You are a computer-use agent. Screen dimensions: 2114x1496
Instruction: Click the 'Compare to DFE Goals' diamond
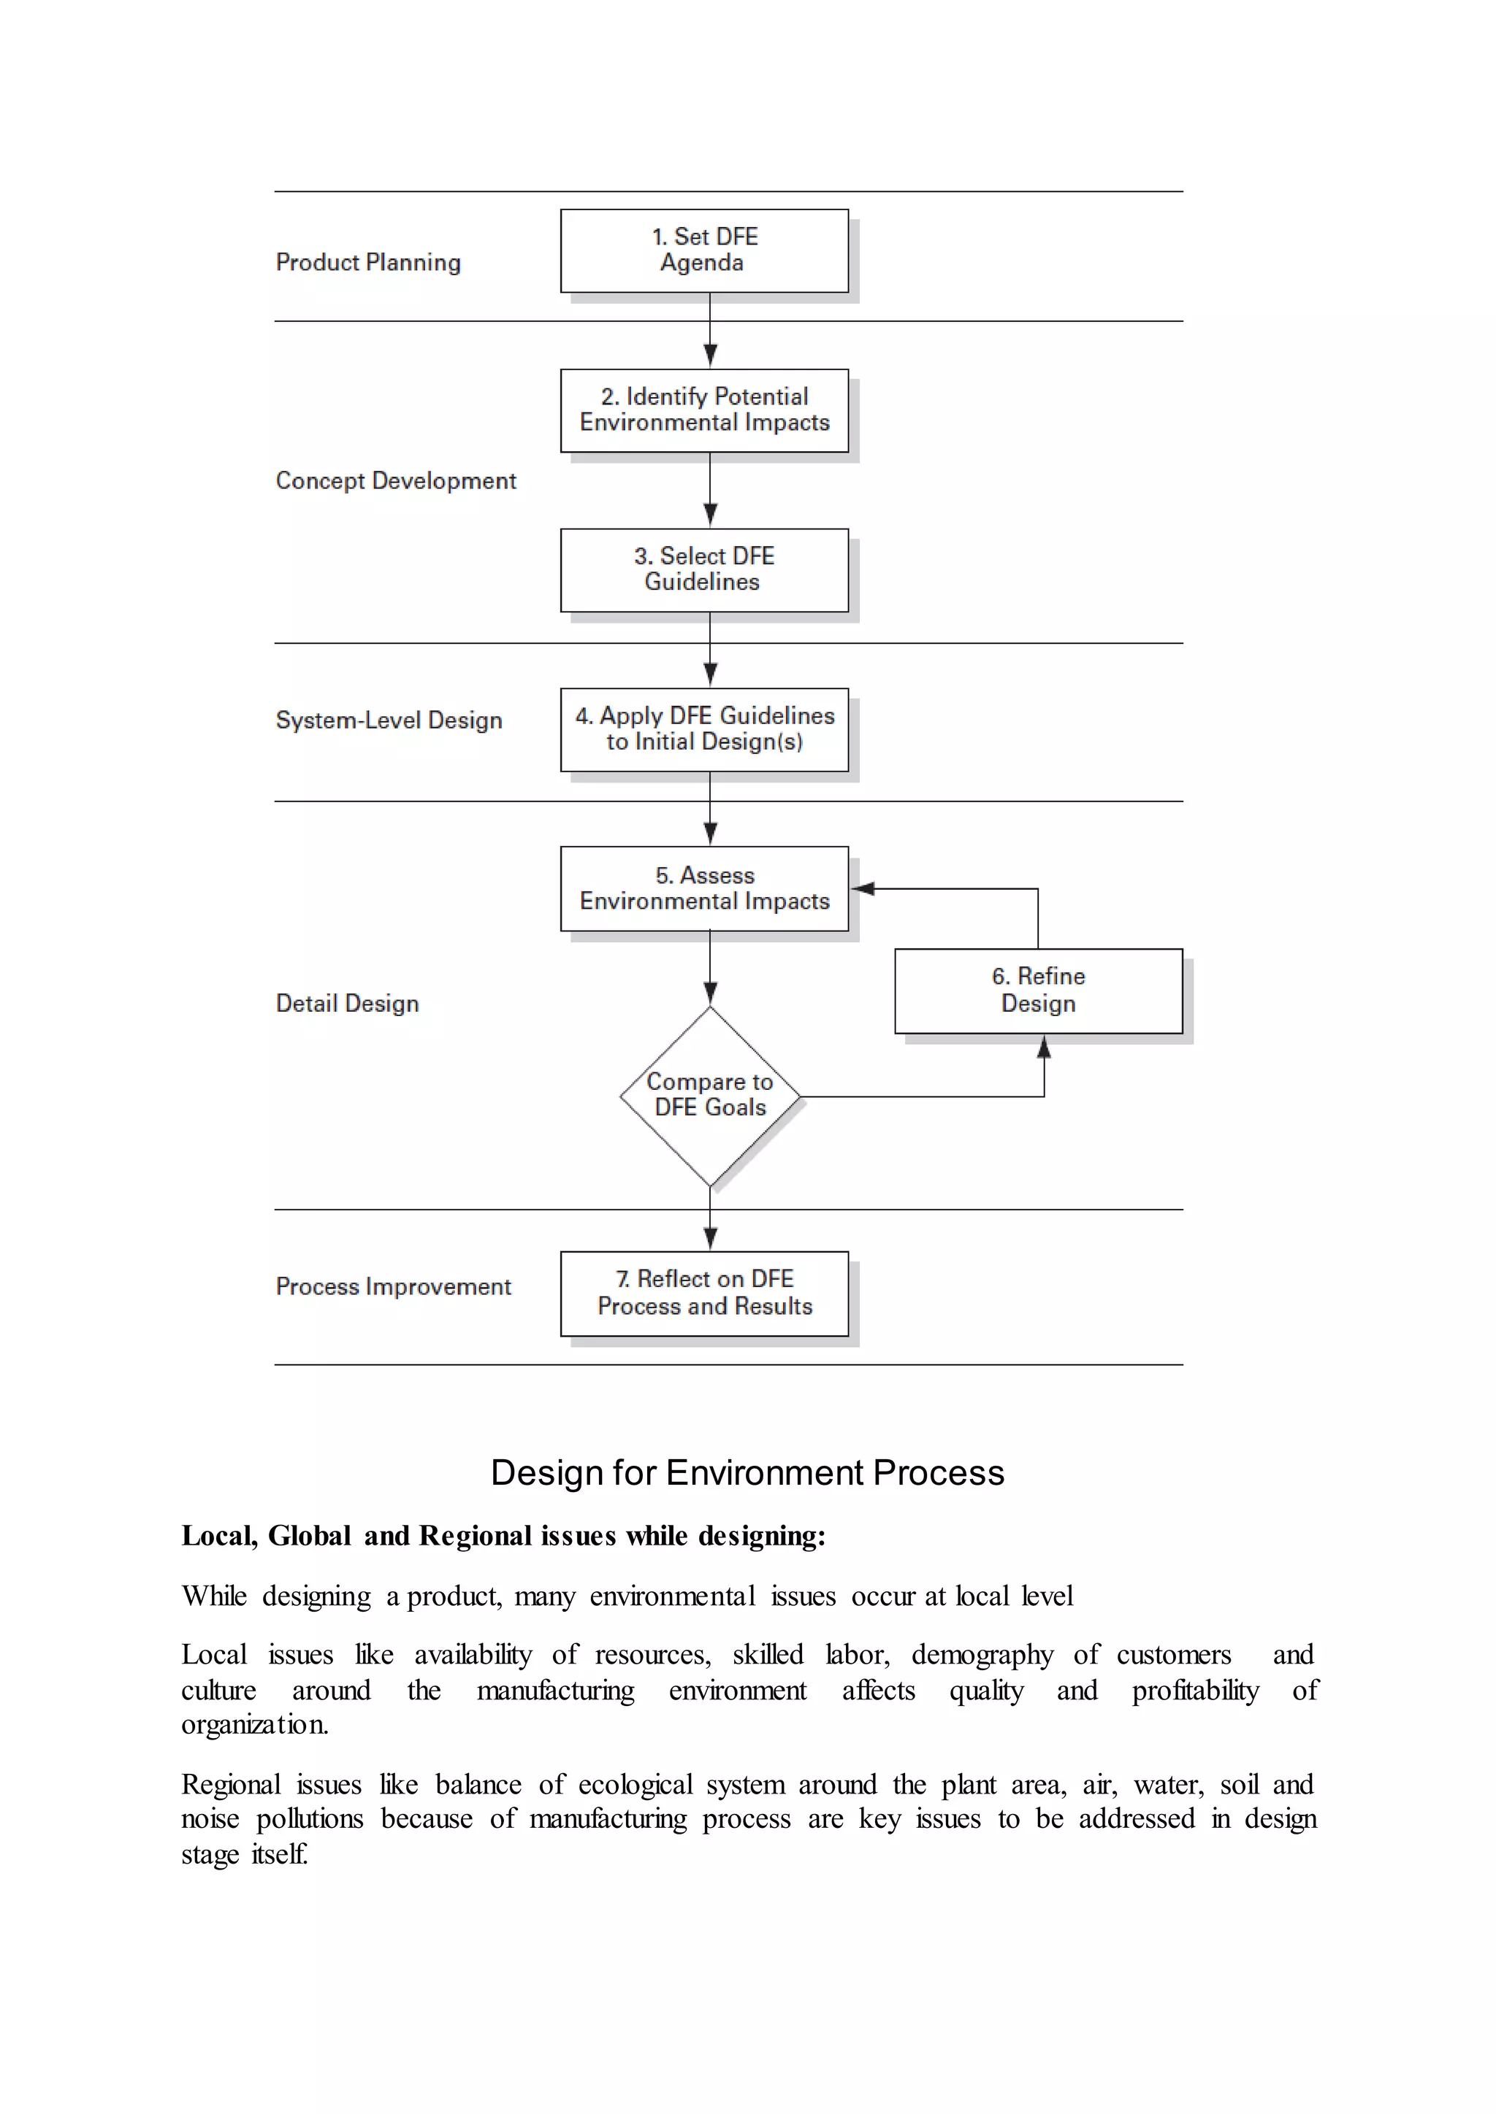(x=709, y=1096)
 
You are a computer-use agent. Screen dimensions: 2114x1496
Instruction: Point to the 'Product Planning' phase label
(x=367, y=262)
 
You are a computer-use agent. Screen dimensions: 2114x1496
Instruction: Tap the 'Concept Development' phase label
(x=395, y=480)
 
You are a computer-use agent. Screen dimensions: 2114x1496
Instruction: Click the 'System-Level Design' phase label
(x=389, y=720)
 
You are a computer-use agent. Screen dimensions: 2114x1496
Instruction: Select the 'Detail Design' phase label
(x=347, y=1004)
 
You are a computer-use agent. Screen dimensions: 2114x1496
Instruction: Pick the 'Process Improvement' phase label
(x=393, y=1286)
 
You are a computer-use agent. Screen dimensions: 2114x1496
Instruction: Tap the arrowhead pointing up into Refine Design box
(x=1044, y=1047)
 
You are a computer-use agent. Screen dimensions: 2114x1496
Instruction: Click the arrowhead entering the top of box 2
(x=710, y=355)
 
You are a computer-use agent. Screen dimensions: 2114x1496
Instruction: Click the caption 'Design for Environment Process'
(x=747, y=1472)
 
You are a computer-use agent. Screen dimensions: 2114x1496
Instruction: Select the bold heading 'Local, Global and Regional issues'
(x=503, y=1536)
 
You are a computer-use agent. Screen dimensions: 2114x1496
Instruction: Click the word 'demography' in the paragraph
(x=982, y=1655)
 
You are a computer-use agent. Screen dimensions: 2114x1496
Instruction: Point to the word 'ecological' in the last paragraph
(x=635, y=1784)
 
